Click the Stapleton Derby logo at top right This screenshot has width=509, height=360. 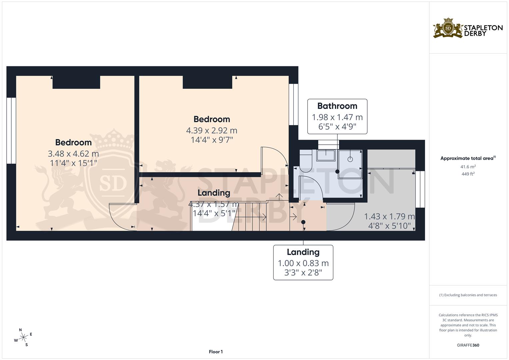tap(468, 28)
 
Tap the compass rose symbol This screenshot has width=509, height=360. tap(23, 337)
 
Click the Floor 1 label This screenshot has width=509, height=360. tap(216, 352)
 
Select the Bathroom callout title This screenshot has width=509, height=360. tap(337, 106)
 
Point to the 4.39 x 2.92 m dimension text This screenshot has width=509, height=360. tap(212, 130)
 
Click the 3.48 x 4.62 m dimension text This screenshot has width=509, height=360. tap(73, 154)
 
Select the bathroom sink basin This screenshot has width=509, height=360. tap(326, 155)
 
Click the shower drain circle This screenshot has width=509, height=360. tap(350, 159)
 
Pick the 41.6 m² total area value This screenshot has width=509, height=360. tap(468, 166)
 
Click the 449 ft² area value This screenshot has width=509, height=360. tap(468, 174)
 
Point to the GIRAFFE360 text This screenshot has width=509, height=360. tap(468, 345)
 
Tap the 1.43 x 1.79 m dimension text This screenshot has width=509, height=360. tap(389, 217)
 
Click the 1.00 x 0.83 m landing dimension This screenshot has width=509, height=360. tap(303, 263)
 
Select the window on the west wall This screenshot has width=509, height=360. tap(11, 131)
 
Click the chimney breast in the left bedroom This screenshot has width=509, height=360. tap(76, 82)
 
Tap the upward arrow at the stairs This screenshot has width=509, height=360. tap(279, 197)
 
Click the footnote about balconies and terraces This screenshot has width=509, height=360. tap(468, 295)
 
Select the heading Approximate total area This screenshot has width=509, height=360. tap(467, 158)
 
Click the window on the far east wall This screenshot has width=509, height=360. tap(420, 189)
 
